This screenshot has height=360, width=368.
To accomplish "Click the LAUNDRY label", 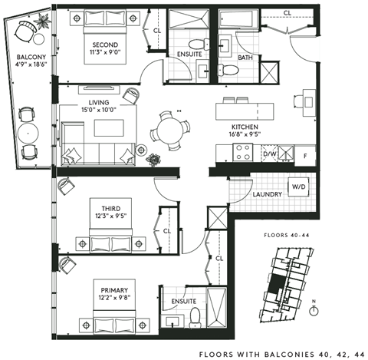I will coord(268,195).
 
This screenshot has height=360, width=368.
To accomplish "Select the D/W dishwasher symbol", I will coord(269,154).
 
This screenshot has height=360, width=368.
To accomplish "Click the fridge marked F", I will coord(305,154).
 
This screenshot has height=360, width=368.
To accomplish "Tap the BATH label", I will coord(245,58).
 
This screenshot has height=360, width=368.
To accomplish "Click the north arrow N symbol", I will coord(314,304).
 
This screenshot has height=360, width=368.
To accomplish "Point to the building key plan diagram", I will coord(280,288).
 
